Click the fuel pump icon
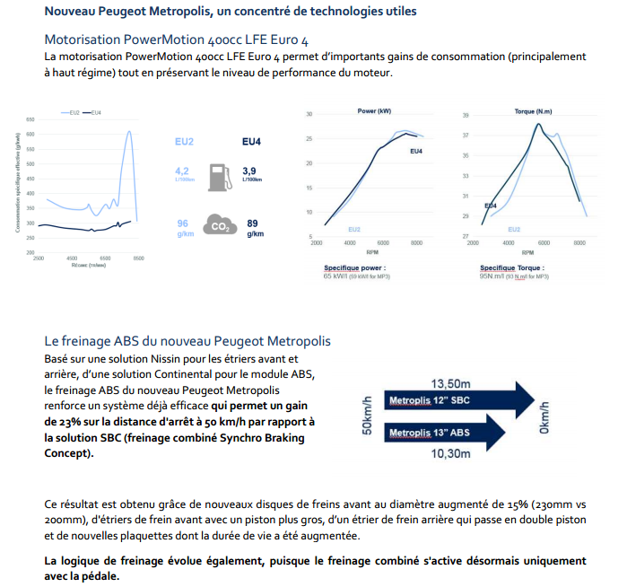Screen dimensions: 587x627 tap(217, 175)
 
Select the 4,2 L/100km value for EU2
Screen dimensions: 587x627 tap(182, 172)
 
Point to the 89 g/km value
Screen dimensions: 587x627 tap(254, 226)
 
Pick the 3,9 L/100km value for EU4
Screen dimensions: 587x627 tap(252, 172)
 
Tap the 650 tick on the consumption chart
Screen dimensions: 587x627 tap(30, 119)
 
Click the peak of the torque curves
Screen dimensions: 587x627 tap(537, 124)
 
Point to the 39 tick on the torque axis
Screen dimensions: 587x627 tap(466, 115)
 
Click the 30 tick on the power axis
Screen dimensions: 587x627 tap(309, 115)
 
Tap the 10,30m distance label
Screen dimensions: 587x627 tap(450, 454)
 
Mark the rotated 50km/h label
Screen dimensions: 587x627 tap(367, 416)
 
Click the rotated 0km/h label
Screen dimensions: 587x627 tap(544, 416)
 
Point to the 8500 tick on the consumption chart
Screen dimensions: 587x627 tap(139, 258)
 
